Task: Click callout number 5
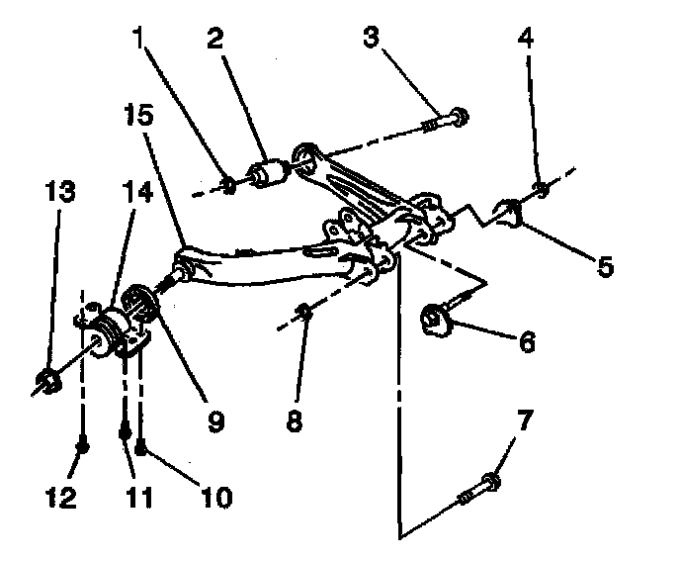[605, 264]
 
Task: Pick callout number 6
[527, 341]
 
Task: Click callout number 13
[61, 190]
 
